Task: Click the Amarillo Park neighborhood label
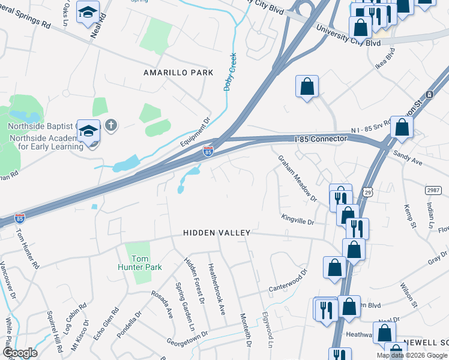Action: pyautogui.click(x=178, y=73)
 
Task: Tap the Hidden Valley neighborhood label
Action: pyautogui.click(x=216, y=232)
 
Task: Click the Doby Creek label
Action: pyautogui.click(x=229, y=72)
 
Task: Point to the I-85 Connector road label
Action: pyautogui.click(x=321, y=139)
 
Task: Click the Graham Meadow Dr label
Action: pyautogui.click(x=297, y=178)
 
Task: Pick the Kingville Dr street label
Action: pyautogui.click(x=298, y=221)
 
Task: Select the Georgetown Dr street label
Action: pyautogui.click(x=188, y=337)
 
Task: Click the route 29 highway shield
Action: pyautogui.click(x=367, y=191)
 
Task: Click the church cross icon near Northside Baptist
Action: pyautogui.click(x=110, y=125)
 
